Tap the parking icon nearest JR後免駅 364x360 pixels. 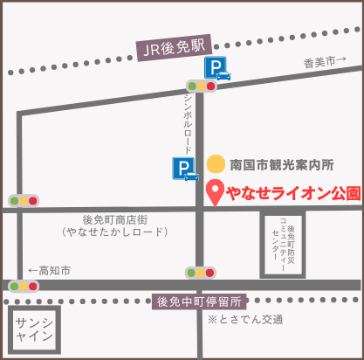coord(217,68)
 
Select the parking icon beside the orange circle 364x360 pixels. coord(186,169)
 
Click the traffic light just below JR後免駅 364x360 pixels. coord(202,87)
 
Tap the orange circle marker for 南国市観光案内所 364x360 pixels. coord(216,163)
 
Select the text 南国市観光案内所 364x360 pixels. coord(282,164)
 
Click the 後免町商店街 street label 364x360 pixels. coord(114,219)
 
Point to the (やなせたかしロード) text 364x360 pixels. coord(114,233)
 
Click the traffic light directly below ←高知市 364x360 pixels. coord(24,286)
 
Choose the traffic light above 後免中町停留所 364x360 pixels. coord(200,273)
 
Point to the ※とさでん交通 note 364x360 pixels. coord(245,320)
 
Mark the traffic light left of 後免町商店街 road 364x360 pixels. coord(24,200)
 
